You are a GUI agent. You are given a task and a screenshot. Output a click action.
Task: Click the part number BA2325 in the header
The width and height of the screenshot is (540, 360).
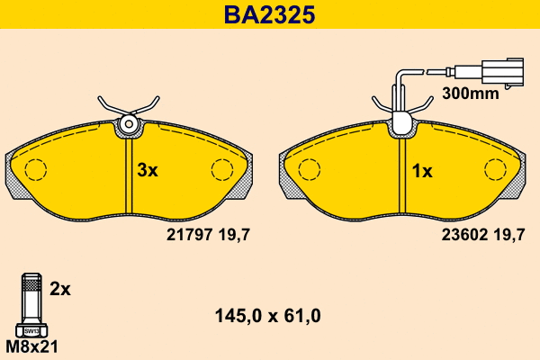coord(269,14)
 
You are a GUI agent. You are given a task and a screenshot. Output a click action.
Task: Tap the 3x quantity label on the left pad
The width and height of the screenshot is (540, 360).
coord(148,170)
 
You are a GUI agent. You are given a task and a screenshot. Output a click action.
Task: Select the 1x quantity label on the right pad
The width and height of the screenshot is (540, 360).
coord(422,171)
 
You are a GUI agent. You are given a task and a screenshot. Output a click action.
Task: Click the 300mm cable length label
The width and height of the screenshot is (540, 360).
coord(471,94)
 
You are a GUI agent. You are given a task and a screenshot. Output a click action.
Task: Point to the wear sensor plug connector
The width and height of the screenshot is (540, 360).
coord(503,72)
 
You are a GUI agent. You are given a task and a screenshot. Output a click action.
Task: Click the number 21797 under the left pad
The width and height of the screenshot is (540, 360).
coord(189,235)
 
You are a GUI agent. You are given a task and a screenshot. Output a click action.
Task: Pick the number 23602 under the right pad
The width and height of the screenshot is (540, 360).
coord(464,235)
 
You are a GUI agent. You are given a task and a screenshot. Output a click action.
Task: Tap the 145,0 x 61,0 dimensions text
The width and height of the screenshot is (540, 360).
coord(268,316)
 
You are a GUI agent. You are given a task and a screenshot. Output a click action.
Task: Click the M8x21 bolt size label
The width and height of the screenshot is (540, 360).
coord(32,346)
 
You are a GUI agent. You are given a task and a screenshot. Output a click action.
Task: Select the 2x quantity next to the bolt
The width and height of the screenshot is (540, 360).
coord(60,289)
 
